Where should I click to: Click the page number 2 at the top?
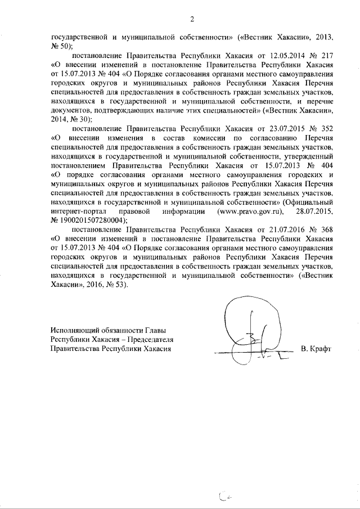point(191,21)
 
